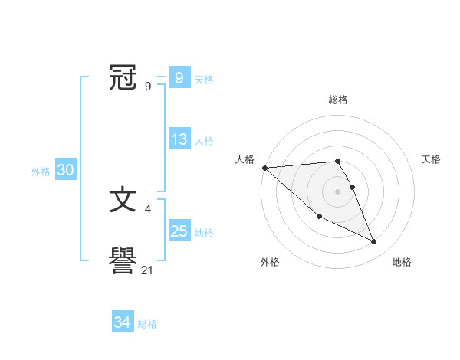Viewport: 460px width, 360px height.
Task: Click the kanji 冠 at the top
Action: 123,77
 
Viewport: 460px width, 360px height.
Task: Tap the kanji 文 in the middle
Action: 123,201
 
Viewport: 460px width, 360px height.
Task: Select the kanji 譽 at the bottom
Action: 123,262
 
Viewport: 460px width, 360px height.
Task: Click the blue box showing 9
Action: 179,78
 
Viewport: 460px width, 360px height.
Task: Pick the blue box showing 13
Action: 179,139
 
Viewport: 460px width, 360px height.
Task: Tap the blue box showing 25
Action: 179,231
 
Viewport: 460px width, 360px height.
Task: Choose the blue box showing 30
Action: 65,171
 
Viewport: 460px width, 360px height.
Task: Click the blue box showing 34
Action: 122,322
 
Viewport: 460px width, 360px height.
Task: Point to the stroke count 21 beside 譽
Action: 148,270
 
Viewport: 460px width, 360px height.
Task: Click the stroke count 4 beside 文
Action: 147,208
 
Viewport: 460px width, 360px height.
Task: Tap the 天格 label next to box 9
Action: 204,80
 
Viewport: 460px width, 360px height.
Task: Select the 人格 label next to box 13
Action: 204,141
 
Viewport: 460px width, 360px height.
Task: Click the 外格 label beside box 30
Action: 41,172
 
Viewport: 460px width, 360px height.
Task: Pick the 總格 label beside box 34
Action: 147,324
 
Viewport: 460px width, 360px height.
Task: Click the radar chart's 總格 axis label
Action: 338,100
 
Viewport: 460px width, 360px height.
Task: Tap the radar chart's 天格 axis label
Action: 432,159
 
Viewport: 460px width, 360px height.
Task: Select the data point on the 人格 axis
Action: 264,167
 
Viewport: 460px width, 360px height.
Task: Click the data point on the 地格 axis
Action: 374,241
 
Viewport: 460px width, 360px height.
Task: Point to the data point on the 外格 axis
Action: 319,217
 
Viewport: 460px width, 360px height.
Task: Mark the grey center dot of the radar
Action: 338,191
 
